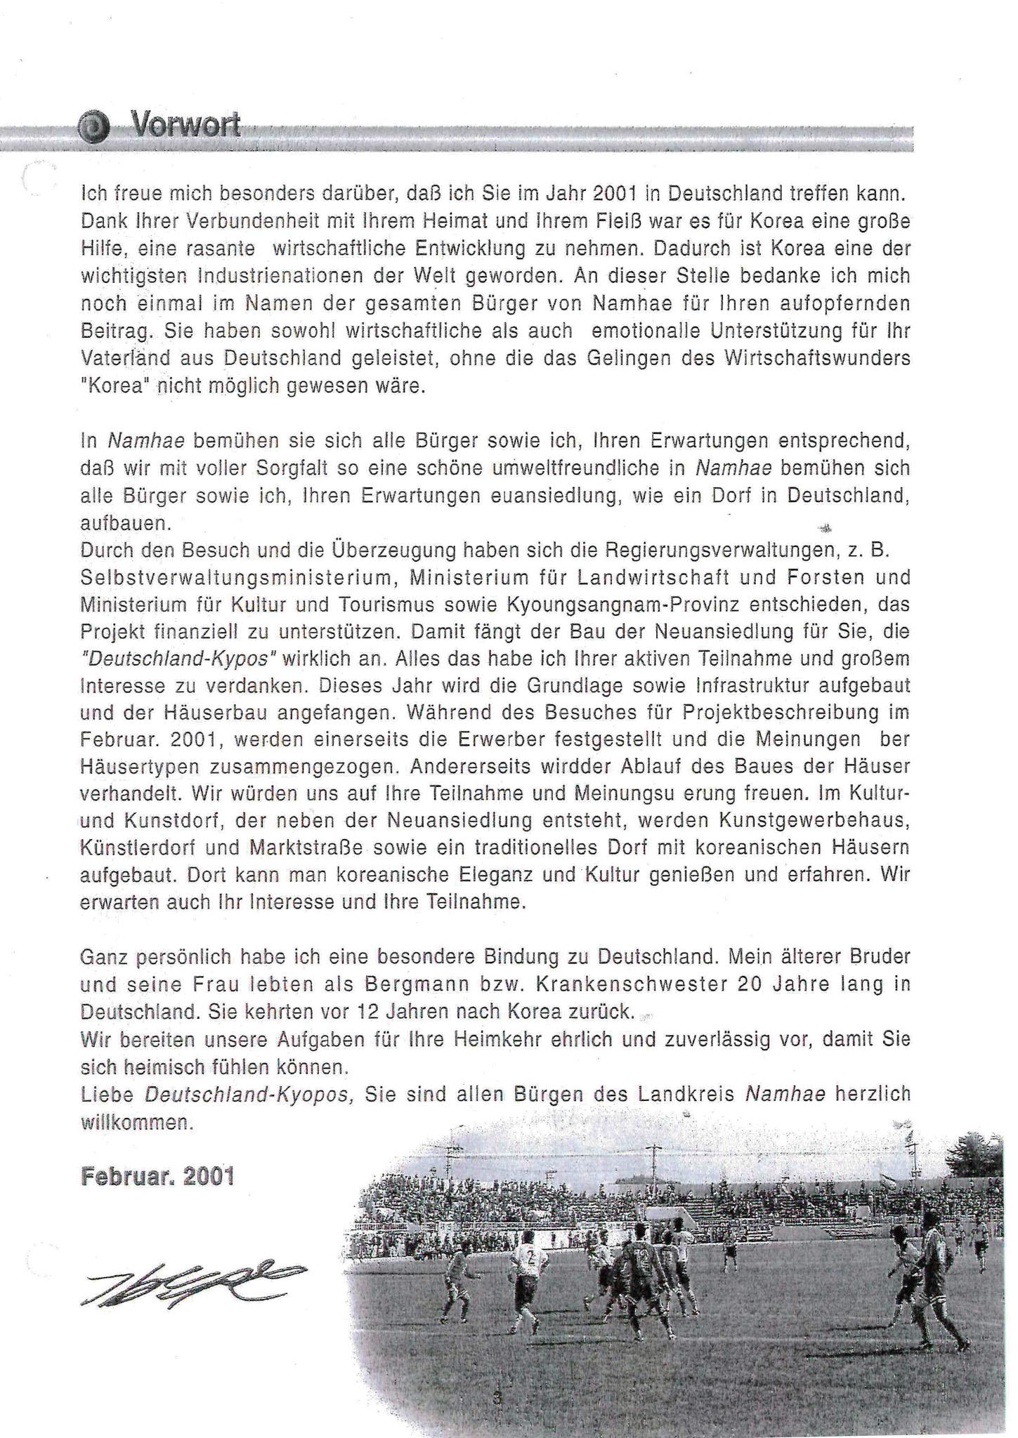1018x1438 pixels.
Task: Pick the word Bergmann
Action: click(x=415, y=985)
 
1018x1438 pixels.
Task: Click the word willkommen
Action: click(x=137, y=1123)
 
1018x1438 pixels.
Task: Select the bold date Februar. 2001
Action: click(x=157, y=1177)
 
